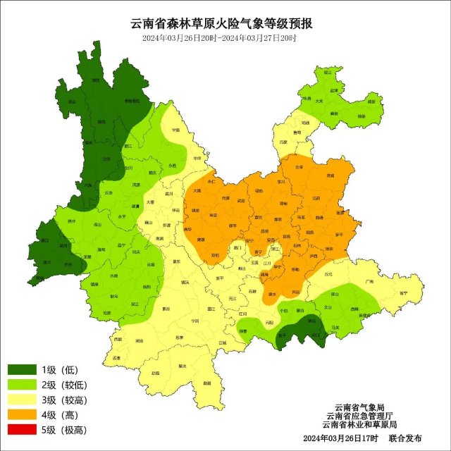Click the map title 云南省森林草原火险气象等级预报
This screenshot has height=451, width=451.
(225, 23)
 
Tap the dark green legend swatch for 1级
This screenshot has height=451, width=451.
(22, 370)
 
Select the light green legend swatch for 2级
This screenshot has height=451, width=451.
(22, 385)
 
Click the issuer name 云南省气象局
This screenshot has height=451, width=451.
(359, 407)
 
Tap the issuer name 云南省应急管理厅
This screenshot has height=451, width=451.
(359, 416)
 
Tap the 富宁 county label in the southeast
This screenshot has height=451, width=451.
(403, 292)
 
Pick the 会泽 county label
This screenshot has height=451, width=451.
(299, 167)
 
